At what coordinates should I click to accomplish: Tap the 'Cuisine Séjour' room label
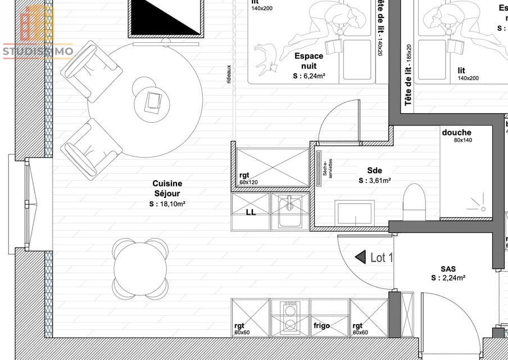coord(167,188)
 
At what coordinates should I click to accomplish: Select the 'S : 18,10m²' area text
coord(167,204)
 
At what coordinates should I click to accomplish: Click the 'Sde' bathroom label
coord(375,170)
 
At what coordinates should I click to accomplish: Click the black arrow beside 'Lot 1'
coord(360,257)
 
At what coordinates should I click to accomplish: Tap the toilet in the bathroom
coord(415,202)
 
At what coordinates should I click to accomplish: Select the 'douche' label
coord(456,133)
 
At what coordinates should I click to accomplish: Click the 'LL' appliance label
coord(251,213)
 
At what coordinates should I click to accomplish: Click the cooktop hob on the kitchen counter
coord(291,317)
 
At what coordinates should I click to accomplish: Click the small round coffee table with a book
coord(152,102)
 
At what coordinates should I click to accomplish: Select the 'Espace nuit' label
coord(309,60)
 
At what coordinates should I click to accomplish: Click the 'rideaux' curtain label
coord(229,74)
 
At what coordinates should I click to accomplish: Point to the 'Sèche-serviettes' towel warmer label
coord(327,167)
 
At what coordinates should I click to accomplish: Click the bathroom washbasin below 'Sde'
coord(354,213)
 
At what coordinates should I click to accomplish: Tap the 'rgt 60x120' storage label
coord(248,178)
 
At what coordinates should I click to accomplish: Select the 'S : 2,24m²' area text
coord(448,277)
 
